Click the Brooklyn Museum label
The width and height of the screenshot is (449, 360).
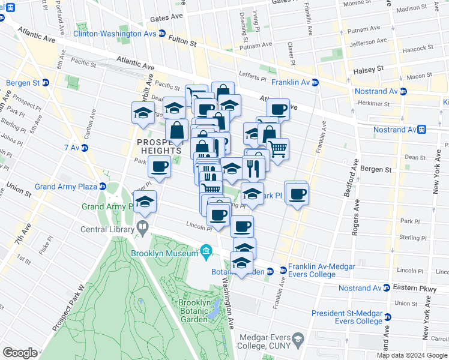point(164,253)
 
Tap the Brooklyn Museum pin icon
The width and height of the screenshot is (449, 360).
point(205,250)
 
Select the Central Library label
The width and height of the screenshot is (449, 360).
point(108,228)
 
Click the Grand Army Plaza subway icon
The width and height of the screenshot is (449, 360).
point(103,187)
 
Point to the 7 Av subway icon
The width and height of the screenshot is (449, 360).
point(85,148)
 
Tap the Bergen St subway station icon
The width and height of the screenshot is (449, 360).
point(46,83)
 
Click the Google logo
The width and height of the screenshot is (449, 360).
point(20,353)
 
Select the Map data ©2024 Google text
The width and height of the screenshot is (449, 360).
point(412,355)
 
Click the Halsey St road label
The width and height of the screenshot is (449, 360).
point(369,70)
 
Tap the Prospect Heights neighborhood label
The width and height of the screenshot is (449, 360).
point(158,146)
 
